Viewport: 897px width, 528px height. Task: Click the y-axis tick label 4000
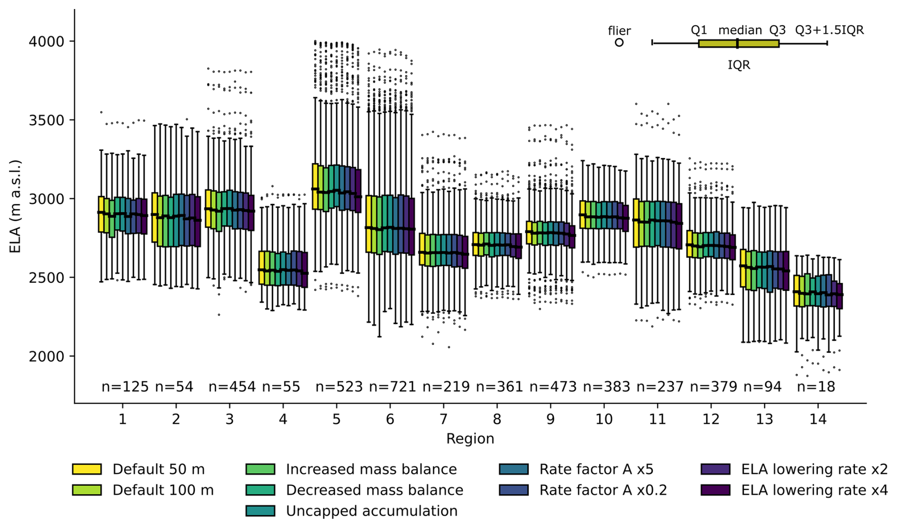[x=46, y=42]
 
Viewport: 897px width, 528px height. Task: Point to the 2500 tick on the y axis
[x=46, y=278]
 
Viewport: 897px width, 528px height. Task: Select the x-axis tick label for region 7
[x=443, y=419]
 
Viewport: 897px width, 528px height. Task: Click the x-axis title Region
[x=470, y=439]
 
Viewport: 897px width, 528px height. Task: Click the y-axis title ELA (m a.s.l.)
[x=15, y=206]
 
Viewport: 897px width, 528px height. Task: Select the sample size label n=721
[x=392, y=387]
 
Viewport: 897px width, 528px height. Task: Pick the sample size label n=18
[x=815, y=387]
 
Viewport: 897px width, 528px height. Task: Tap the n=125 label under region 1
[x=125, y=387]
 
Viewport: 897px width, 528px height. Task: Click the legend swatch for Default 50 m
[x=87, y=469]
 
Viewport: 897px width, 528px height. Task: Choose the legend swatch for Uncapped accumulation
[x=260, y=511]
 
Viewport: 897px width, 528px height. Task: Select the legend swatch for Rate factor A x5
[x=513, y=469]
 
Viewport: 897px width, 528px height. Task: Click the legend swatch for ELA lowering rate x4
[x=715, y=490]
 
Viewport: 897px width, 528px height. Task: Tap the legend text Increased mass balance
[x=371, y=469]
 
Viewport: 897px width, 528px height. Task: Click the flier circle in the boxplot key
[x=619, y=43]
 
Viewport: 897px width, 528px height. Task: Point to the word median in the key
[x=740, y=30]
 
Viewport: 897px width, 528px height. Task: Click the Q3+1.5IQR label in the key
[x=829, y=30]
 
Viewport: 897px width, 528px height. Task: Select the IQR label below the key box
[x=739, y=65]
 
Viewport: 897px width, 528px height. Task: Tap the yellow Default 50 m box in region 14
[x=796, y=290]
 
